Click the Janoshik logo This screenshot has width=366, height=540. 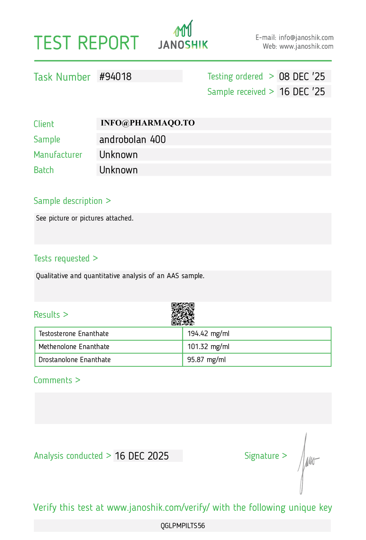[x=183, y=35]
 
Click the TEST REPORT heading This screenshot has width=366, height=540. [x=86, y=43]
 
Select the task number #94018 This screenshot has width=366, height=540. [x=115, y=76]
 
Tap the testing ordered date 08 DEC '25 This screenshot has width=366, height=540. [x=302, y=76]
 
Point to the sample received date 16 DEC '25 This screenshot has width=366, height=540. [x=302, y=92]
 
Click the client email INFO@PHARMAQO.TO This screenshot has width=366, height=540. [x=148, y=123]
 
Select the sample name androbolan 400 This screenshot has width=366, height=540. [x=132, y=139]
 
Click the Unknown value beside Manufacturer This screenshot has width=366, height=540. [x=118, y=155]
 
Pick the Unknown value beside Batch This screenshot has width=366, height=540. [x=118, y=170]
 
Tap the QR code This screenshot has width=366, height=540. [x=183, y=314]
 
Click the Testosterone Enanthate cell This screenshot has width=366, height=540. [x=74, y=334]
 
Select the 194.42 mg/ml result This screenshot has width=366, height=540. [x=208, y=334]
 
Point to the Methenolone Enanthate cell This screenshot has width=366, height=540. [x=74, y=346]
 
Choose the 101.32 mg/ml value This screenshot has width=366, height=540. [x=208, y=346]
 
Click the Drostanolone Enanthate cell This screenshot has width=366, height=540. [x=75, y=360]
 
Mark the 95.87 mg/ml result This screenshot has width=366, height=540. [x=206, y=360]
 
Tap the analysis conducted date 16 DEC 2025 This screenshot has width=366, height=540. [x=142, y=456]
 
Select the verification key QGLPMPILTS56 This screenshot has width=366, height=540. [x=183, y=526]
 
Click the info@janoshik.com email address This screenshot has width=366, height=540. [x=306, y=37]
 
